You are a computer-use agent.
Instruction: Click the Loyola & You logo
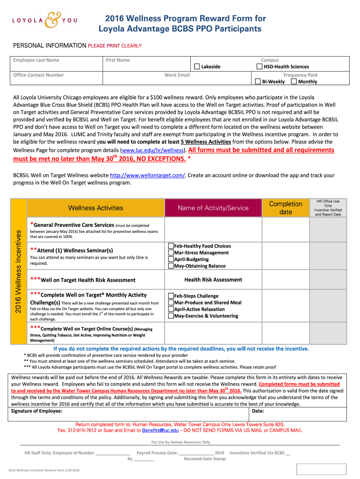click(x=44, y=20)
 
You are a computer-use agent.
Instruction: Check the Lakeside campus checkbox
click(x=197, y=67)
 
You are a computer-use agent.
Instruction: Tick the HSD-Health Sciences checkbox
click(x=259, y=67)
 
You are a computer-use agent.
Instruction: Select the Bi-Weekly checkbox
click(x=258, y=81)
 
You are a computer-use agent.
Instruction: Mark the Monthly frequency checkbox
click(x=294, y=81)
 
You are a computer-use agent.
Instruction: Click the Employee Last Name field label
click(x=36, y=60)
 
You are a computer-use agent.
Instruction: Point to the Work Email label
click(x=177, y=75)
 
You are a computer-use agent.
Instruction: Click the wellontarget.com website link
click(x=147, y=175)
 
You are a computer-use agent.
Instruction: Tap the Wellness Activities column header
click(x=95, y=208)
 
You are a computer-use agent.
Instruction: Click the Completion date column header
click(x=286, y=208)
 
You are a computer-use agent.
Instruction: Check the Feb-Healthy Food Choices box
click(x=171, y=246)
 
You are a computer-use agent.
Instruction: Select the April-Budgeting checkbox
click(x=171, y=259)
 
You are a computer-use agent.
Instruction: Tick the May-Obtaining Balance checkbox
click(x=171, y=266)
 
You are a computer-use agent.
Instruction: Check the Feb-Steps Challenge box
click(x=171, y=296)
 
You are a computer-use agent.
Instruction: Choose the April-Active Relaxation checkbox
click(x=171, y=309)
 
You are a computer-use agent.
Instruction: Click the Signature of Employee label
click(x=36, y=411)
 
